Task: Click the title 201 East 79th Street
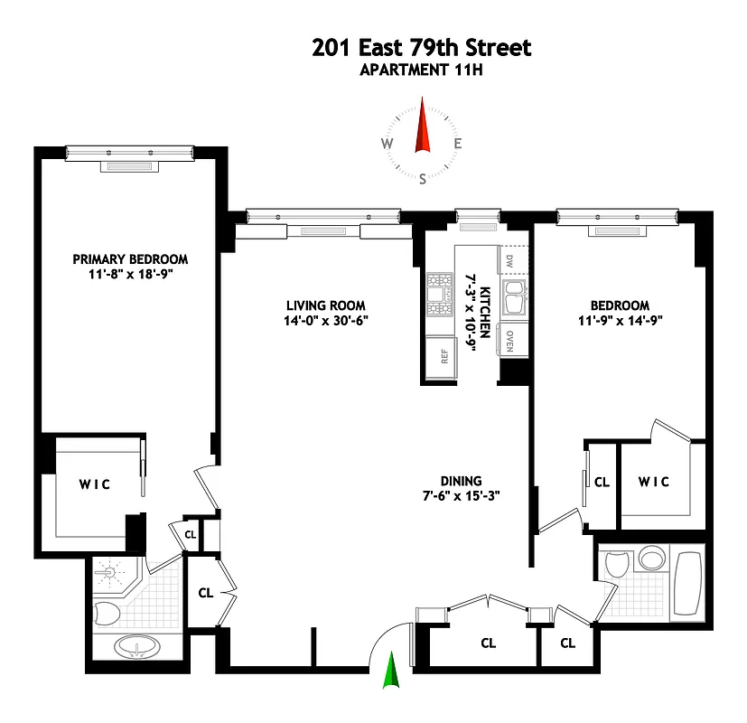click(422, 47)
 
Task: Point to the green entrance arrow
click(391, 673)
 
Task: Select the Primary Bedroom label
click(130, 259)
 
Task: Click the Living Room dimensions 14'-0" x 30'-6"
click(326, 321)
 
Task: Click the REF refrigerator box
click(444, 355)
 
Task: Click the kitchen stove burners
click(440, 294)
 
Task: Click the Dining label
click(461, 481)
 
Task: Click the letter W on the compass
click(387, 144)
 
